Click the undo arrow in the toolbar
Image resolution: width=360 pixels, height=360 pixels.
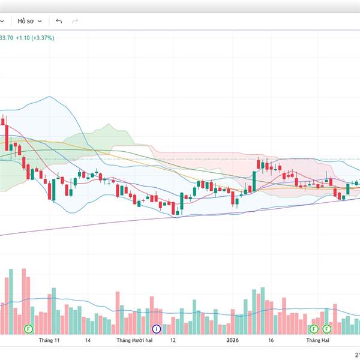click(59, 21)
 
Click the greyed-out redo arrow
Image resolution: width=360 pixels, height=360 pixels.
click(75, 21)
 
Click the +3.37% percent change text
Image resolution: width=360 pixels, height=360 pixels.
click(43, 37)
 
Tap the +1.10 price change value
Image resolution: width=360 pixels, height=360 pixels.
click(22, 37)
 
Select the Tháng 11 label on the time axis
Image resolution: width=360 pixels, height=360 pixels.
click(49, 340)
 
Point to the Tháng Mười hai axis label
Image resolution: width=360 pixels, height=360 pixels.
click(135, 340)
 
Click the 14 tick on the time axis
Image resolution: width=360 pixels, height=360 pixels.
click(88, 340)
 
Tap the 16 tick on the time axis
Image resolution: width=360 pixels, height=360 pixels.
click(271, 340)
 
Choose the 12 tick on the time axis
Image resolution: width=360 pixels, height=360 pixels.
click(173, 340)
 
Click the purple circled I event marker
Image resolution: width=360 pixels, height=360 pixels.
click(157, 329)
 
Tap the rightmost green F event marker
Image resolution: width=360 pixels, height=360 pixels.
click(327, 329)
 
